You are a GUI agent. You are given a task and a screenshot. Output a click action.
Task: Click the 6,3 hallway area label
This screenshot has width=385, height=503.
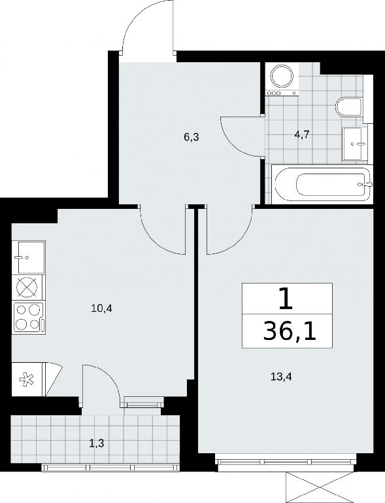pyautogui.click(x=192, y=138)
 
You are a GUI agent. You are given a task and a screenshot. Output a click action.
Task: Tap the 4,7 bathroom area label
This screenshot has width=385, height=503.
pyautogui.click(x=301, y=134)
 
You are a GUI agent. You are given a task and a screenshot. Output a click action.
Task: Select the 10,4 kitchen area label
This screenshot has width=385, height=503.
pyautogui.click(x=103, y=309)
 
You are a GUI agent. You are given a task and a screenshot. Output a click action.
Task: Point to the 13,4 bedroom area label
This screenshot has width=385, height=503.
pyautogui.click(x=281, y=377)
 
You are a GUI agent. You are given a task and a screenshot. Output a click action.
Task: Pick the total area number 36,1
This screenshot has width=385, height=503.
pyautogui.click(x=290, y=333)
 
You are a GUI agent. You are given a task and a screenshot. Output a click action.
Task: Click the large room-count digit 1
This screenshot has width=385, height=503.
pyautogui.click(x=286, y=299)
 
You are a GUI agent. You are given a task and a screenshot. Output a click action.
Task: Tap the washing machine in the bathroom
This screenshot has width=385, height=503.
pyautogui.click(x=282, y=79)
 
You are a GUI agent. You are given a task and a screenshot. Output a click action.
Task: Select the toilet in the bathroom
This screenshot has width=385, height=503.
pyautogui.click(x=349, y=107)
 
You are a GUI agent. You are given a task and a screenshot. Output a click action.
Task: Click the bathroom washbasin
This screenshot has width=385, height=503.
pyautogui.click(x=355, y=143)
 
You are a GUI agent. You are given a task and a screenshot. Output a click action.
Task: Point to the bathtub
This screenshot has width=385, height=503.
pyautogui.click(x=322, y=184)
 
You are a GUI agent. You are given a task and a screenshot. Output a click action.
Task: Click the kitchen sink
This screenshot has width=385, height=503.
pyautogui.click(x=28, y=257)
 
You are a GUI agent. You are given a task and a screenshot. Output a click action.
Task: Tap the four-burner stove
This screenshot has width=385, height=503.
pyautogui.click(x=28, y=317)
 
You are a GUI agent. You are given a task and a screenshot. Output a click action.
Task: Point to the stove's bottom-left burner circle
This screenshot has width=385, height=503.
pyautogui.click(x=22, y=324)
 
